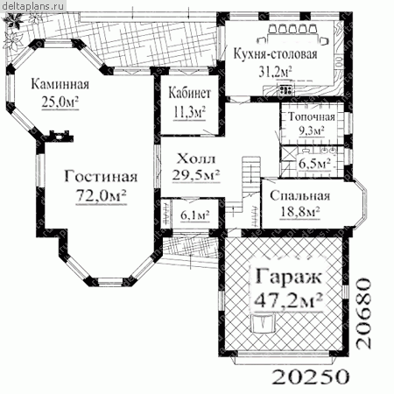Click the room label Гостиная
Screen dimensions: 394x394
click(x=101, y=176)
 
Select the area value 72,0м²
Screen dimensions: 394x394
click(x=101, y=195)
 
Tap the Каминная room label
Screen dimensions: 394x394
click(x=60, y=84)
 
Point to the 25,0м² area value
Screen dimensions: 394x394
click(x=60, y=102)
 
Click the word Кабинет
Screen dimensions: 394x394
click(x=190, y=93)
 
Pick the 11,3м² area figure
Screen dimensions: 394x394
click(x=190, y=112)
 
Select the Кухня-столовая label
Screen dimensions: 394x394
click(x=275, y=54)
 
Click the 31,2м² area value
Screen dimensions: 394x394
click(x=275, y=71)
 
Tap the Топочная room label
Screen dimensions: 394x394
click(x=312, y=116)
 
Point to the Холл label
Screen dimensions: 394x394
click(x=196, y=159)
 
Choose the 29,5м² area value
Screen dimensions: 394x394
click(x=196, y=175)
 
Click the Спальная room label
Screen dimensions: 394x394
click(x=300, y=195)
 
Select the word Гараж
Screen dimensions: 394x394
click(x=288, y=276)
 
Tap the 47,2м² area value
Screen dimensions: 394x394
click(x=288, y=299)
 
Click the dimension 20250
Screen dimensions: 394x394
click(x=311, y=376)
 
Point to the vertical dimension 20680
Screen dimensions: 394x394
click(x=364, y=313)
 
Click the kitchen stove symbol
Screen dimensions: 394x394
click(x=285, y=89)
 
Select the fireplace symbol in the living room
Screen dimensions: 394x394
click(x=61, y=136)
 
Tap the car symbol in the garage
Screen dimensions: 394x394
click(x=264, y=322)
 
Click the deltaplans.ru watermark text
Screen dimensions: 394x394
click(x=32, y=6)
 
